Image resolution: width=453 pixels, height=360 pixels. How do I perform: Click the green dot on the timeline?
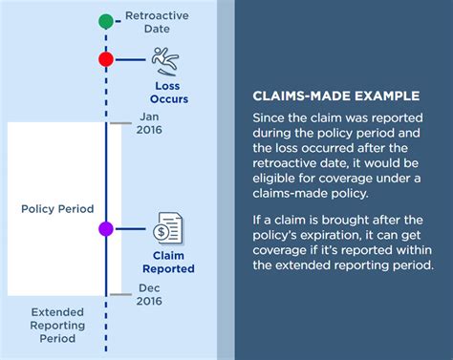tap(106, 20)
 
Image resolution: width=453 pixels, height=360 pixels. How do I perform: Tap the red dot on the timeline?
tap(106, 59)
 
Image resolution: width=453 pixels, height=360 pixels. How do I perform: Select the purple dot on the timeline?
tap(106, 229)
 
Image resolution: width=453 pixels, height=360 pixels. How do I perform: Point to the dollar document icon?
tap(168, 230)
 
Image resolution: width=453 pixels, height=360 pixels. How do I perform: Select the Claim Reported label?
tap(168, 262)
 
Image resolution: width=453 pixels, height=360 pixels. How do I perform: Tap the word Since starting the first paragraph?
tap(270, 117)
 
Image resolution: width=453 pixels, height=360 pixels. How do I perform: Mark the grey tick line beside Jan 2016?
tap(119, 122)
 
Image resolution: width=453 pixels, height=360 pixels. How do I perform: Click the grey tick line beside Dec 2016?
tap(119, 294)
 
